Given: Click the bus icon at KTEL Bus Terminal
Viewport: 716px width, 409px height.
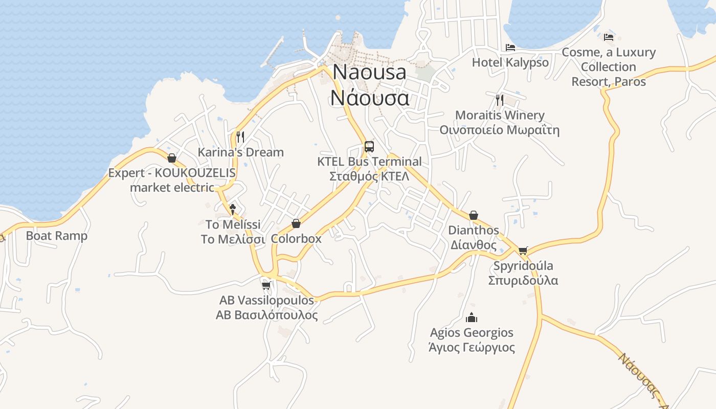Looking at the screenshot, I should click(369, 147).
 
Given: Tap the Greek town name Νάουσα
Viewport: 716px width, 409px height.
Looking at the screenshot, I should click(370, 97).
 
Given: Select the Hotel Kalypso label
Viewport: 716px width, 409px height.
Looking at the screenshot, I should click(510, 62).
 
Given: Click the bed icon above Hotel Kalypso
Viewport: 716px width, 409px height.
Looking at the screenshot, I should click(510, 48).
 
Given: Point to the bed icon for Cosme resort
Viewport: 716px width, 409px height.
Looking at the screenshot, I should click(608, 37).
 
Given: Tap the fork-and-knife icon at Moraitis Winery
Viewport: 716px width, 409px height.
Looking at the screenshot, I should click(500, 100).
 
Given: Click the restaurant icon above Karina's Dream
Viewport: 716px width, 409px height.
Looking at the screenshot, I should click(240, 137).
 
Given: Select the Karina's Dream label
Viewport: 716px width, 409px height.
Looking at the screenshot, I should click(240, 152).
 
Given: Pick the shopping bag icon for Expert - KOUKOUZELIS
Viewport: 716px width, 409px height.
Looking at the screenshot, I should click(172, 158).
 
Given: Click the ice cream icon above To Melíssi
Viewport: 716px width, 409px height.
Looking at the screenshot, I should click(233, 209).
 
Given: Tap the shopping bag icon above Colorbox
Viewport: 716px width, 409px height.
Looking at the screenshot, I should click(296, 223).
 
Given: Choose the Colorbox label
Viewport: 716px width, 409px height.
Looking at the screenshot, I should click(296, 238).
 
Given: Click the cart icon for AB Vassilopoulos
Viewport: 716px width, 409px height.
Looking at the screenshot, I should click(266, 285).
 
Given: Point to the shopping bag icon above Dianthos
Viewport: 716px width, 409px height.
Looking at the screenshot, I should click(474, 215).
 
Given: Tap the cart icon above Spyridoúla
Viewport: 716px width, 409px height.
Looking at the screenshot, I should click(523, 251).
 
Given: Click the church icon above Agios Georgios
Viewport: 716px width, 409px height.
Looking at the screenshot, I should click(472, 317).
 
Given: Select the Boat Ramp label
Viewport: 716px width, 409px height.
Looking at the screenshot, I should click(57, 236).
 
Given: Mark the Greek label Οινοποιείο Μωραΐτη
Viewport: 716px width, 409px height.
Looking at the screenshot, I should click(499, 130).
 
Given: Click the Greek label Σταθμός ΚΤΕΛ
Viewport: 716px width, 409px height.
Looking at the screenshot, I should click(369, 176).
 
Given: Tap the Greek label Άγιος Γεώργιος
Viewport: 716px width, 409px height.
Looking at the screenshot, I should click(472, 348).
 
